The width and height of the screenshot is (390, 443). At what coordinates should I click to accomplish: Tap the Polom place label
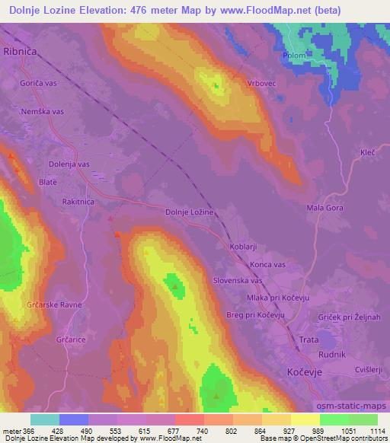pyautogui.click(x=296, y=56)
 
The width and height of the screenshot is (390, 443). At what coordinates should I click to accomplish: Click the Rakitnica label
pyautogui.click(x=81, y=202)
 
